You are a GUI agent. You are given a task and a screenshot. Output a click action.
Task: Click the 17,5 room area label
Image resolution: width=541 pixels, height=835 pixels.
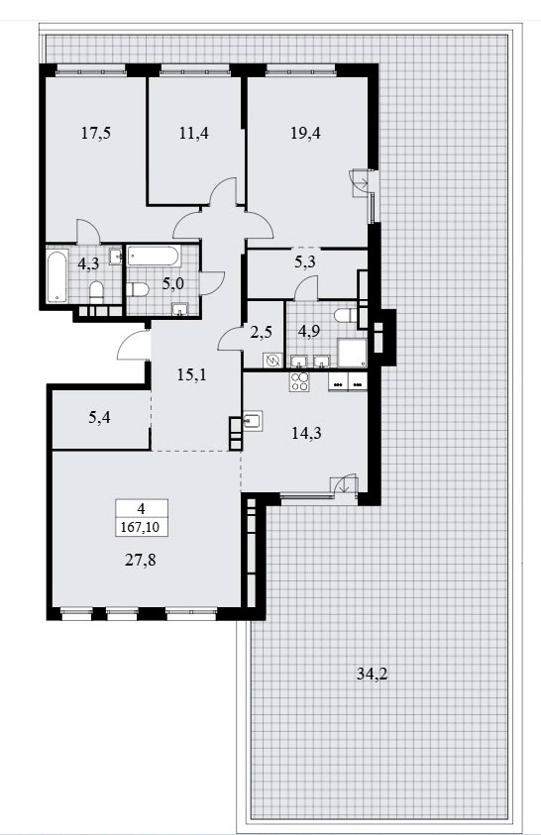[x=96, y=133]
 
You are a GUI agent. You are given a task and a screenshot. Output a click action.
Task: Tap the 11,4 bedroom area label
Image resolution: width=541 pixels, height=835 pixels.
[x=193, y=133]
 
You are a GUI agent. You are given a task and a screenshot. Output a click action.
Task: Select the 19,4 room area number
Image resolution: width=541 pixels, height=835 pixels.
[x=305, y=133]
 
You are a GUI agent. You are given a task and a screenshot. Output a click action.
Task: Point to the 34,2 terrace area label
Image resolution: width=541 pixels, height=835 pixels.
[x=373, y=675]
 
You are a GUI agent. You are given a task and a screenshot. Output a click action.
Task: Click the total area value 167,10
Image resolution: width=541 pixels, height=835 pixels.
[x=142, y=527]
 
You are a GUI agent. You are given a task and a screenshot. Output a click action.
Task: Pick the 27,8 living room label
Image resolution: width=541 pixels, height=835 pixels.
[x=141, y=560]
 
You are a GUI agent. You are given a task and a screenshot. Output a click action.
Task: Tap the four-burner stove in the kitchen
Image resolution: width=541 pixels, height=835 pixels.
[x=299, y=382]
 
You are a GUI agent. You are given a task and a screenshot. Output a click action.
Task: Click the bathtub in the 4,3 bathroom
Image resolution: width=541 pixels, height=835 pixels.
[x=57, y=276]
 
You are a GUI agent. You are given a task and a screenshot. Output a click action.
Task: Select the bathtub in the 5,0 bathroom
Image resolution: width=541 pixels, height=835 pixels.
[x=154, y=257]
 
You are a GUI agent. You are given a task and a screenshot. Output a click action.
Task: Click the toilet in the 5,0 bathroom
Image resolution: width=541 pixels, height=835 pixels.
[x=138, y=290]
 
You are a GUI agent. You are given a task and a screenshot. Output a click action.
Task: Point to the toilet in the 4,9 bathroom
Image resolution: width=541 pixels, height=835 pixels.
[x=345, y=316]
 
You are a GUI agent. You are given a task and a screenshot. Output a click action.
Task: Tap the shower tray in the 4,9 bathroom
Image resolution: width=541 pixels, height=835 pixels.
[x=352, y=353]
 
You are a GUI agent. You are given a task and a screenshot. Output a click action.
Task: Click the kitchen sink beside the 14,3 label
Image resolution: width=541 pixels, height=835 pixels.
[x=253, y=421]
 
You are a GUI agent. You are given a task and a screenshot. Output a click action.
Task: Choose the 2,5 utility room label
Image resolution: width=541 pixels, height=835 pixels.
[x=262, y=332]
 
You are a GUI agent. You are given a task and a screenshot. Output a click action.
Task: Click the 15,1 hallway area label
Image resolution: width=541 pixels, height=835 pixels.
[x=191, y=374]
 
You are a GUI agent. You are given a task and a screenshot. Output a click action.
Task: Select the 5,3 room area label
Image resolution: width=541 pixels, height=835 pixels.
[x=304, y=261]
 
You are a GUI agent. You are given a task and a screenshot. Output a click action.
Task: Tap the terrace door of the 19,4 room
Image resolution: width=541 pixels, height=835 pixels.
[x=360, y=182]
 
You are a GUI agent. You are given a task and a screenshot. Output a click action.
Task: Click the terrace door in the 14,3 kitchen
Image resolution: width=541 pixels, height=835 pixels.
[x=344, y=484]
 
